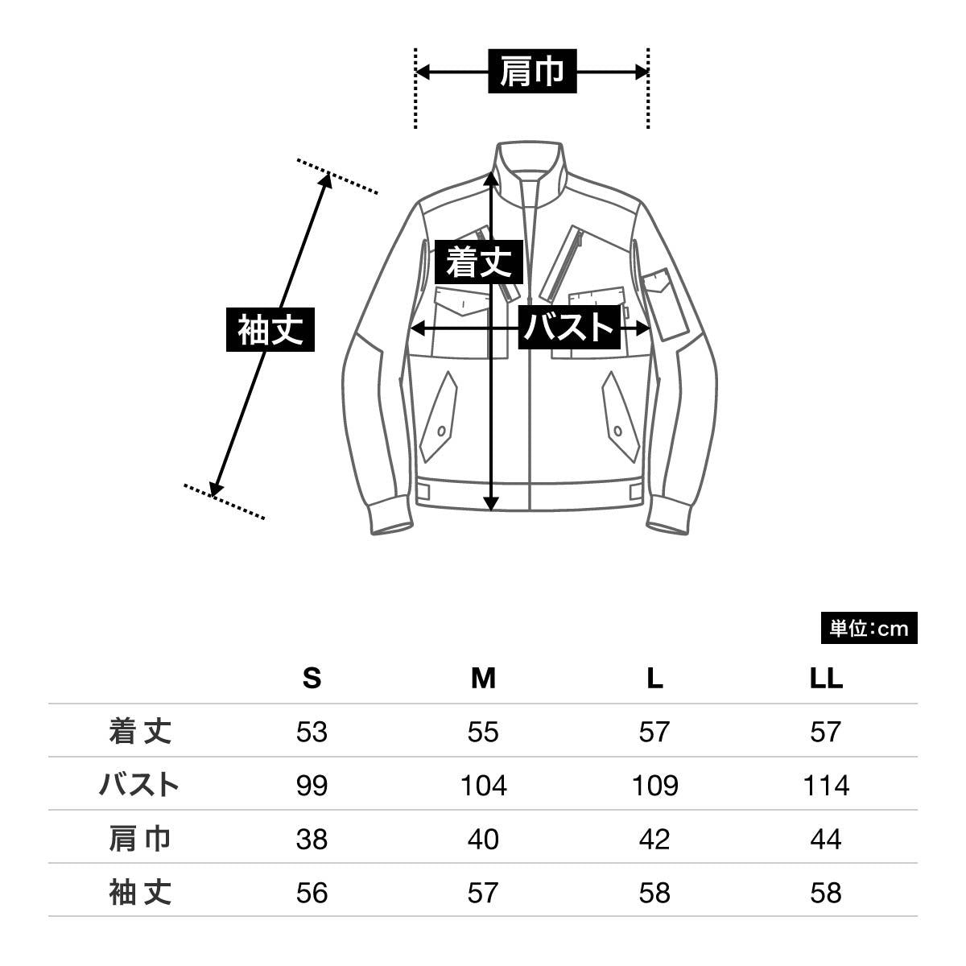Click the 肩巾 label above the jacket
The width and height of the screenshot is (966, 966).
[x=532, y=71]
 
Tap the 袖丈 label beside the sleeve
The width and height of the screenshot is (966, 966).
[x=270, y=329]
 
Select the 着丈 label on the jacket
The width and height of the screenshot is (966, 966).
[x=479, y=262]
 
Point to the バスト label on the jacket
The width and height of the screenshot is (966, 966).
[x=569, y=328]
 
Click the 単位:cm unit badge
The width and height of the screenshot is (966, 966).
[x=869, y=628]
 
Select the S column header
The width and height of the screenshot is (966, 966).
[x=312, y=679]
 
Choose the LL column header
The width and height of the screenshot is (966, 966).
[x=826, y=679]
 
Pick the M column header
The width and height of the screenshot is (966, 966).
[x=483, y=679]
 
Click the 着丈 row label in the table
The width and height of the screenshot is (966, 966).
[x=140, y=732]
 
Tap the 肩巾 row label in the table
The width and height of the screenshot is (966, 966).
[x=140, y=839]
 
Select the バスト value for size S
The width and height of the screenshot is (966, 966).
[x=312, y=786]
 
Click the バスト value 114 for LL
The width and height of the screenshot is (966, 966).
[x=826, y=786]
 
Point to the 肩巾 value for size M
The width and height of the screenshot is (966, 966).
[x=483, y=839]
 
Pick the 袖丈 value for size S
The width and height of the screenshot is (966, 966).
[x=312, y=893]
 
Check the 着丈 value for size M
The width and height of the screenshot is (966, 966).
[x=483, y=732]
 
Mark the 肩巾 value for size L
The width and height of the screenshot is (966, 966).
[x=654, y=839]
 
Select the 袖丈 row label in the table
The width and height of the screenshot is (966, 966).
[x=140, y=893]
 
